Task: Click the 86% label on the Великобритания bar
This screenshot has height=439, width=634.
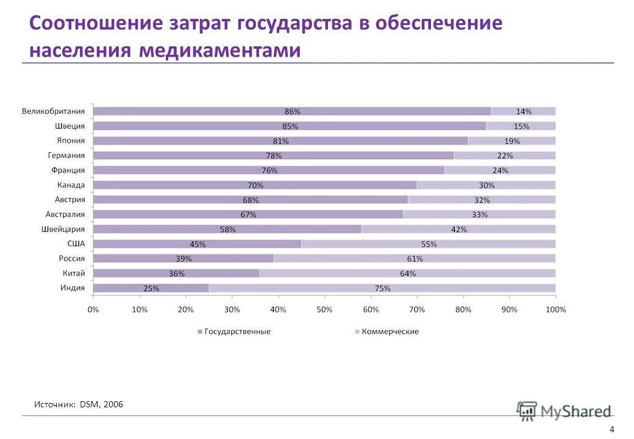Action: click(292, 112)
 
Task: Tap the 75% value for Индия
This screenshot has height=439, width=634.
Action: click(382, 288)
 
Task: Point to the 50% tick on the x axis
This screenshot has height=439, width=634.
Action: click(324, 310)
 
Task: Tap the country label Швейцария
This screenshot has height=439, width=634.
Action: click(63, 229)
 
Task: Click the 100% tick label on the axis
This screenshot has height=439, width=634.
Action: click(555, 310)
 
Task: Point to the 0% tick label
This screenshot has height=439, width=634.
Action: click(93, 310)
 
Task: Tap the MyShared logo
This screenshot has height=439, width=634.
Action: click(564, 411)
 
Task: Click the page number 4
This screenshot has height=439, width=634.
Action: click(611, 428)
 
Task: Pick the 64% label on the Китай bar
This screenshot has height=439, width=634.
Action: click(408, 274)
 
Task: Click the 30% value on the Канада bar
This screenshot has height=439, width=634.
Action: click(486, 185)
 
